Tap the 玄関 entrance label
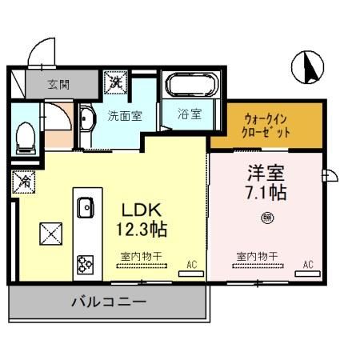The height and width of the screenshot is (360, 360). click(58, 82)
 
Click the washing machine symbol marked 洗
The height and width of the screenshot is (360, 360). click(115, 82)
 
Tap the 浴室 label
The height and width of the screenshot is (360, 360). click(189, 114)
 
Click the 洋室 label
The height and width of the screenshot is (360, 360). click(264, 172)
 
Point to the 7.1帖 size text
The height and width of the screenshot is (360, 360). click(266, 193)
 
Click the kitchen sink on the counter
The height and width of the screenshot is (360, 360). click(84, 208)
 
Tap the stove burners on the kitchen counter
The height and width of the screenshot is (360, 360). click(84, 262)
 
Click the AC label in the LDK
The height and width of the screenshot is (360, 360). click(191, 263)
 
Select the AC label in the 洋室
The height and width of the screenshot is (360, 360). click(307, 263)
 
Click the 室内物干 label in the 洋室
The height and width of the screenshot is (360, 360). click(257, 256)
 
